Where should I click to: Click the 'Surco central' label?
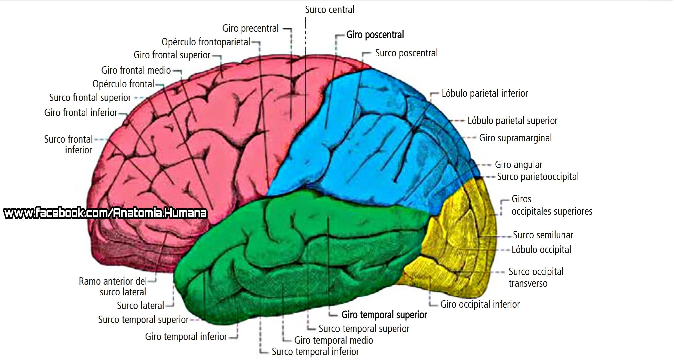pos(329,10)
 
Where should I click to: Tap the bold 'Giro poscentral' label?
pos(375,35)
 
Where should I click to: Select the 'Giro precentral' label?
pos(250,28)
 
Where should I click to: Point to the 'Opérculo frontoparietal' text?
pos(206,42)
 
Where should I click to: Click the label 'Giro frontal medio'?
pos(136,70)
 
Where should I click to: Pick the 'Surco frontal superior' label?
pos(90,98)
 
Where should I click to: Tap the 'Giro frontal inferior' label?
pos(81,113)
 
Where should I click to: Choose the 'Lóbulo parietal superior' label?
pos(512,121)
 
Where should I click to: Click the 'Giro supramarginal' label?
pos(515,138)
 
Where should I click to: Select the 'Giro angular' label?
pos(518,165)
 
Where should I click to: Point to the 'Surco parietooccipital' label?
pos(538,177)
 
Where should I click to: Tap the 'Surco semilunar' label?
pos(543,235)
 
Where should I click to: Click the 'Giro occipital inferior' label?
pos(480,304)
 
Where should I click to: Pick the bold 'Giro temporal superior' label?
pos(384,315)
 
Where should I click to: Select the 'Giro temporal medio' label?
pos(333,340)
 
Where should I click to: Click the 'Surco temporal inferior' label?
pos(315,352)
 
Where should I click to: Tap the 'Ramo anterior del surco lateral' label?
pos(113,287)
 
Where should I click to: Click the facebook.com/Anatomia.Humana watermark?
pos(105,213)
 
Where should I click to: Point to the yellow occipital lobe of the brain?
pos(460,247)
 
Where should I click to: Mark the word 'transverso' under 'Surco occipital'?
pos(528,284)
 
